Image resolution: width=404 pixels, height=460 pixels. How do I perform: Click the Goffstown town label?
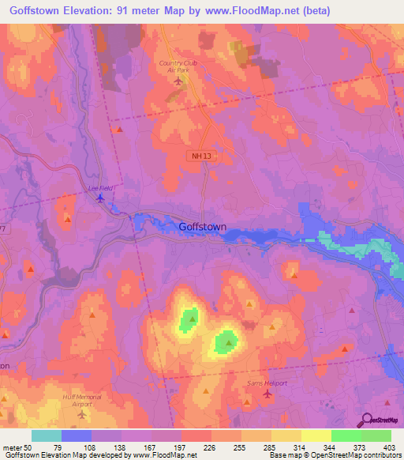point(203,227)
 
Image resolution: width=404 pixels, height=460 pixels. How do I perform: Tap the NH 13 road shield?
point(201,156)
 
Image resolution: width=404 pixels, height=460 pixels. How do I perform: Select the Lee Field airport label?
point(99,188)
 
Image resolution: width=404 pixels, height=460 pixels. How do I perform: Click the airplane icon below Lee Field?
point(99,198)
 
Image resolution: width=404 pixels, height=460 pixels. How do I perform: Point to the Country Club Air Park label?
point(178,66)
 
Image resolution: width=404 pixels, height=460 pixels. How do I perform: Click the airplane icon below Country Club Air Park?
point(178,81)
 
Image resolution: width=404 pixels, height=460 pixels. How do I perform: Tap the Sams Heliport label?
point(266,382)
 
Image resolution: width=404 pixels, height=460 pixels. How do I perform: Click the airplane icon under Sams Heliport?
point(267,393)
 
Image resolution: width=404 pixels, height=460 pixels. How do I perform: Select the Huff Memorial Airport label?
point(82,400)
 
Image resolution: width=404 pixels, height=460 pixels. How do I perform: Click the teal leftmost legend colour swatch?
point(47,435)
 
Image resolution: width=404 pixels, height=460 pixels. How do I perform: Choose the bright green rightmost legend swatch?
point(376,435)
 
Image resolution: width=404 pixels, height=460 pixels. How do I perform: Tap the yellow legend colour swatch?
point(316,435)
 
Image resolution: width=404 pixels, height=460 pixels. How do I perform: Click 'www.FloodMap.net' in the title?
point(246,10)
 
